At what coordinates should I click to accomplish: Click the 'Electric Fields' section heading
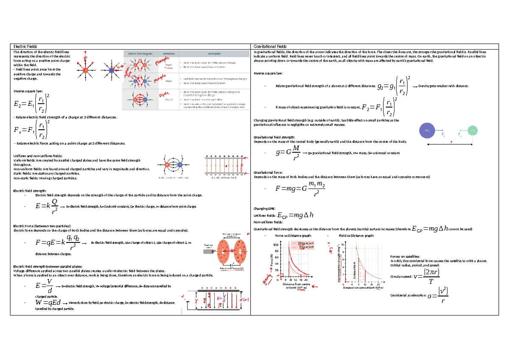[x=25, y=46]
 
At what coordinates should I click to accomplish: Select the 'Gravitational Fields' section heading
[x=270, y=46]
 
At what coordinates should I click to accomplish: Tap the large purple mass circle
[x=428, y=131]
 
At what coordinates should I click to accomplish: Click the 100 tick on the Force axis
[x=277, y=245]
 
